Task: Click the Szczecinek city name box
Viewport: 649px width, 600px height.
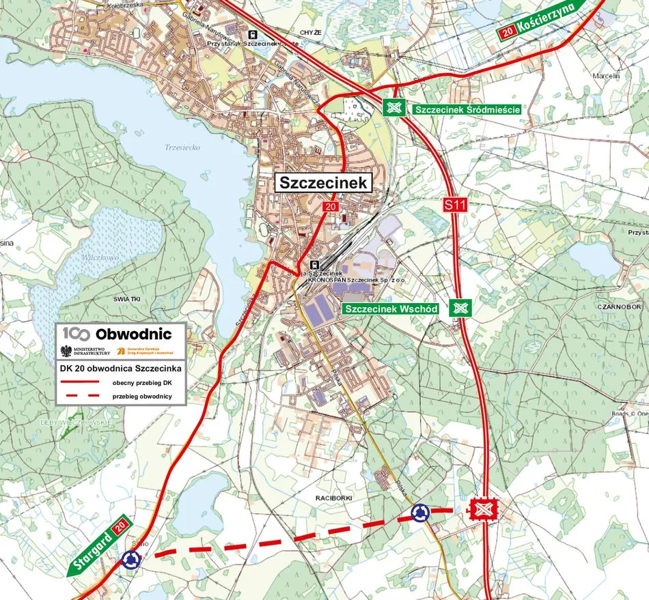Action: (x=324, y=183)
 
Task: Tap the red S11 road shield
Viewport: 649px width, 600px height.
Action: (x=454, y=204)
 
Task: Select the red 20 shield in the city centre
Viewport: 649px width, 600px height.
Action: (x=331, y=207)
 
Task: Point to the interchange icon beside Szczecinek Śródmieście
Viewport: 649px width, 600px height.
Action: (x=393, y=108)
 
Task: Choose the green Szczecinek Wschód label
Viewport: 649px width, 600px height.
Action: (x=391, y=309)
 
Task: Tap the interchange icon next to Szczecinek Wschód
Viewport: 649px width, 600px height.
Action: (x=460, y=309)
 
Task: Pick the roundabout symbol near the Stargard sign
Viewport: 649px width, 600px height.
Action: (x=130, y=560)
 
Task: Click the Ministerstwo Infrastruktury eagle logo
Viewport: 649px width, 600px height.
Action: (x=66, y=351)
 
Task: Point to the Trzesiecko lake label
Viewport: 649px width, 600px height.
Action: (x=180, y=147)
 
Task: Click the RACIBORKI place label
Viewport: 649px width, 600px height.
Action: (x=333, y=498)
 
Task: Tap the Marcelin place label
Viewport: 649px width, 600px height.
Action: (x=606, y=76)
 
